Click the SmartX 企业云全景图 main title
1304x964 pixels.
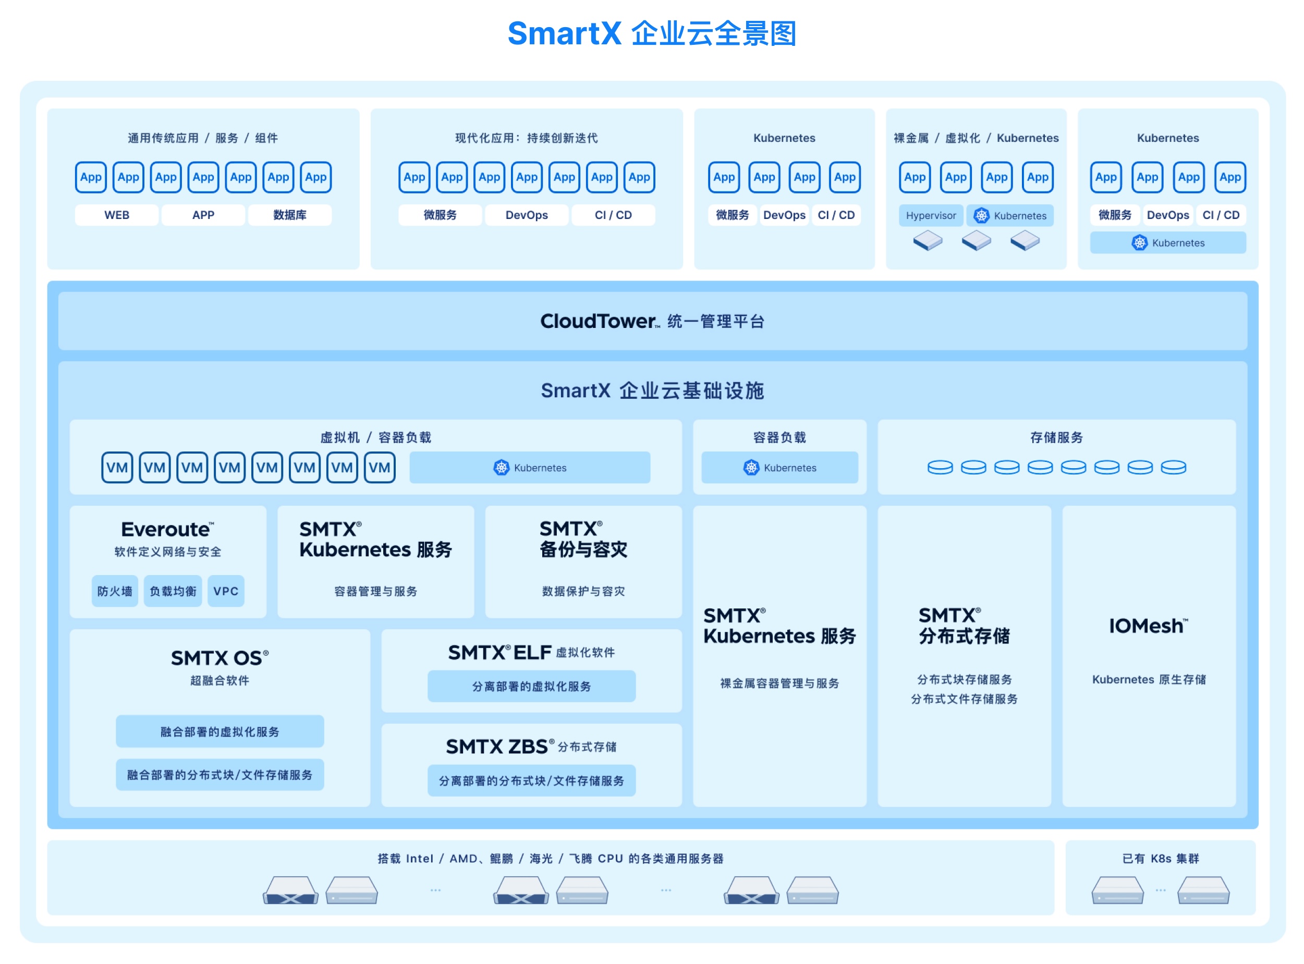coord(651,33)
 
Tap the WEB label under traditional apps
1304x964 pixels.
coord(117,215)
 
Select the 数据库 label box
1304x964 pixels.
coord(289,215)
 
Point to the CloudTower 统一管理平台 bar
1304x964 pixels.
coord(652,321)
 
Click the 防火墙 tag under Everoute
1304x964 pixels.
coord(114,591)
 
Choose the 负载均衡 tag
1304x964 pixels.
coord(173,591)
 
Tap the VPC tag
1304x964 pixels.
coord(226,591)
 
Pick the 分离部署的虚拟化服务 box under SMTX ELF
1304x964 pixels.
coord(531,686)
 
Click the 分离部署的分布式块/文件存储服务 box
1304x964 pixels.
coord(531,781)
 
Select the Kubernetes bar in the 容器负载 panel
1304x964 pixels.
coord(779,468)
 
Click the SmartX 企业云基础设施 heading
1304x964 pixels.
coord(652,391)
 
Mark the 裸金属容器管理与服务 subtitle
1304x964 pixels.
coord(779,684)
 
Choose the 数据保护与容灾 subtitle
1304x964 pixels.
coord(583,591)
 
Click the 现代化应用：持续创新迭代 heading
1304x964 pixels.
coord(526,138)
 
